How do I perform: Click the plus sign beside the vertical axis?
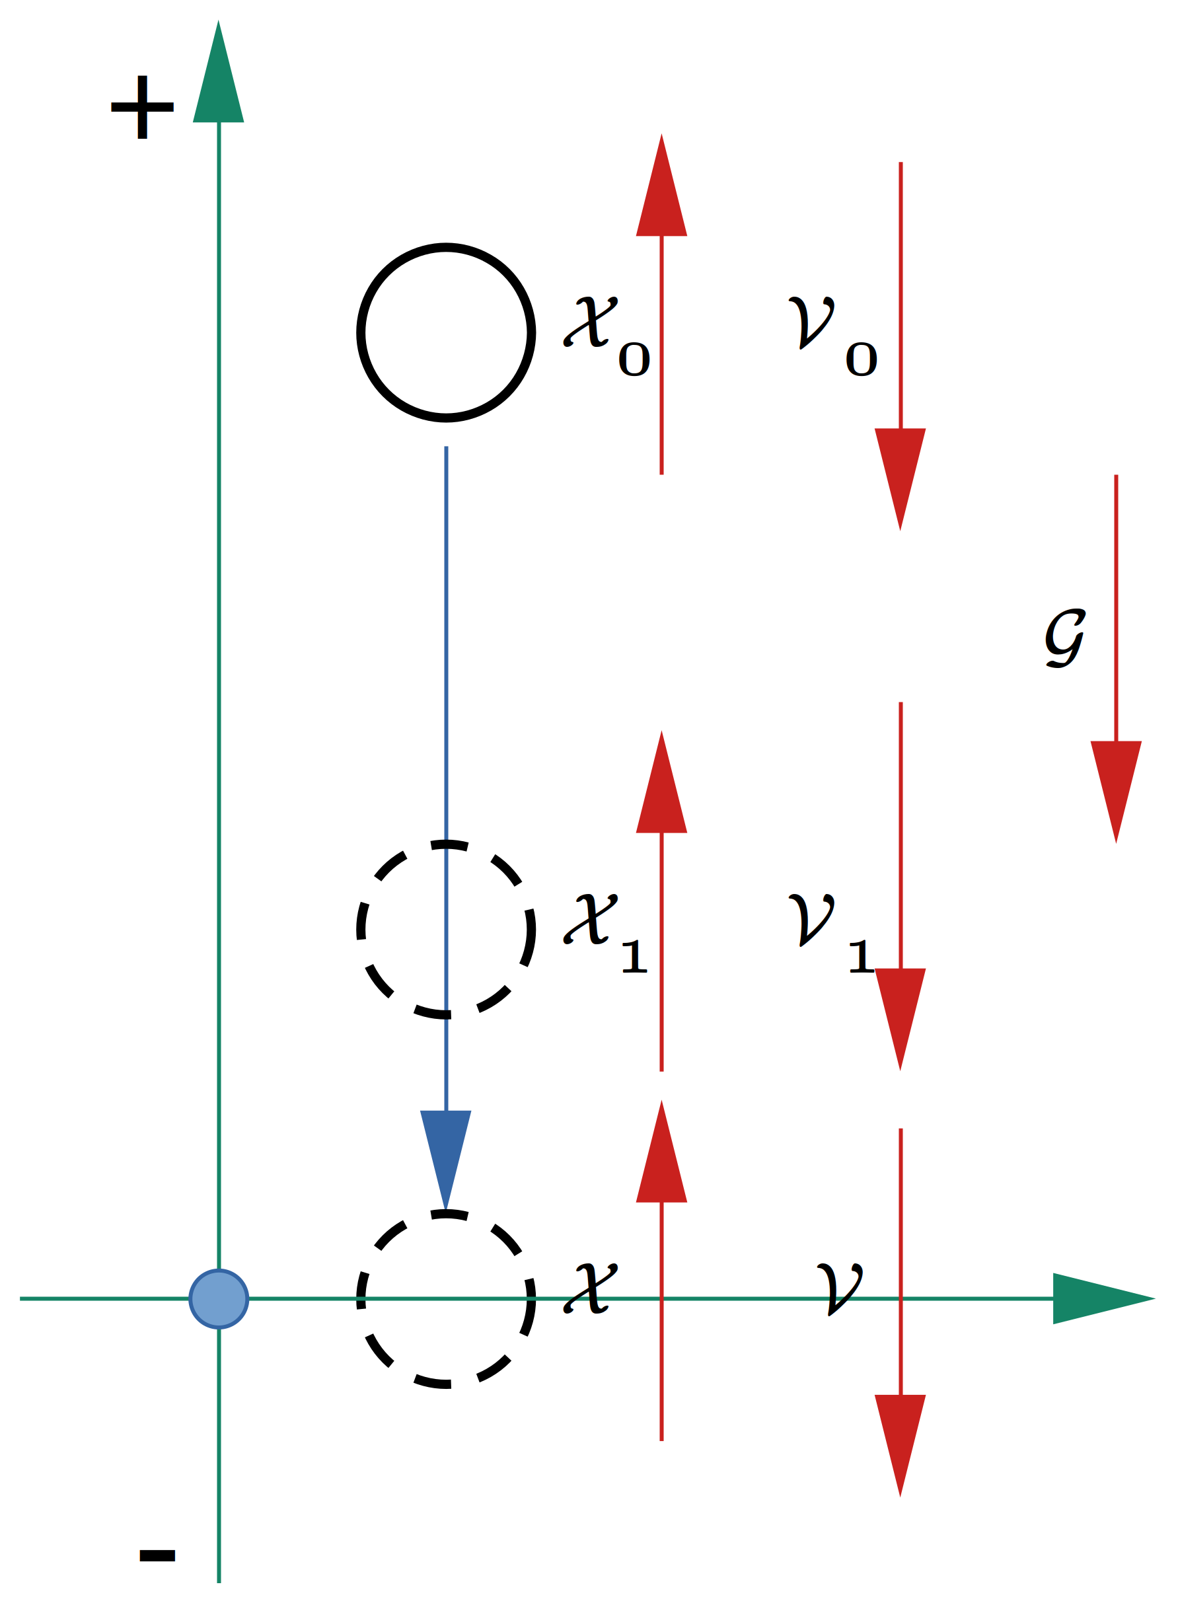pyautogui.click(x=143, y=107)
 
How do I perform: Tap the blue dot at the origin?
pyautogui.click(x=219, y=1298)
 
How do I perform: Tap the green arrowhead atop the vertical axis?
pyautogui.click(x=218, y=71)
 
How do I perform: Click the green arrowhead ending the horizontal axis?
pyautogui.click(x=1104, y=1298)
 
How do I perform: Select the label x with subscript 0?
pyautogui.click(x=606, y=336)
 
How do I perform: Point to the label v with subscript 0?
pyautogui.click(x=833, y=336)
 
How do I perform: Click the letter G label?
pyautogui.click(x=1065, y=638)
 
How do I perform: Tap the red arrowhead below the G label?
pyautogui.click(x=1116, y=792)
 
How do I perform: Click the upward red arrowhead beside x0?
pyautogui.click(x=661, y=185)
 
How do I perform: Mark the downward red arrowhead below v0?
pyautogui.click(x=900, y=479)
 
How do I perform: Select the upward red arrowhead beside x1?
pyautogui.click(x=661, y=782)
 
